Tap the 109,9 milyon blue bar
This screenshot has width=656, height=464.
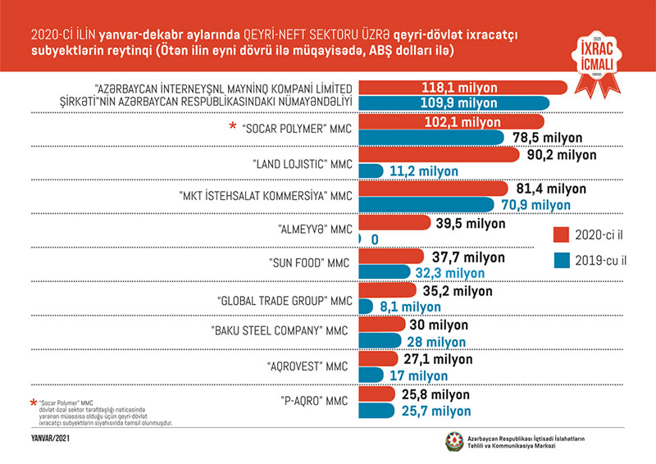point(459,103)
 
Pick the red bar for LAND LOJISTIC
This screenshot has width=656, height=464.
point(440,154)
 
